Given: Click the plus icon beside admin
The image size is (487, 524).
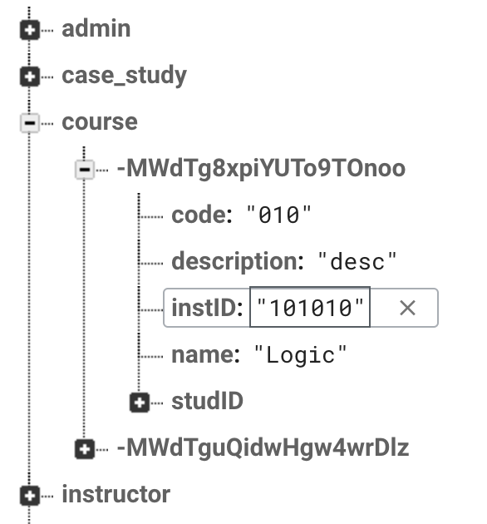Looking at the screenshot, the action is click(x=30, y=31).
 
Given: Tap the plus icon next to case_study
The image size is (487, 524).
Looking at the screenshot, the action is click(x=30, y=77).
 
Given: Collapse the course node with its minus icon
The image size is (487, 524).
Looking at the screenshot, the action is click(x=30, y=123).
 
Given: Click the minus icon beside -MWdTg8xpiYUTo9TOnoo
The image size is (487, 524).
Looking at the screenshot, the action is click(x=85, y=170).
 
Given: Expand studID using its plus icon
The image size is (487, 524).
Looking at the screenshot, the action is click(x=140, y=403).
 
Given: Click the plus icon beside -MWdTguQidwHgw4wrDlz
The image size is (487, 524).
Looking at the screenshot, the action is click(x=85, y=449).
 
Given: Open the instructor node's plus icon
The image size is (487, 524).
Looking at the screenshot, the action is click(x=30, y=496).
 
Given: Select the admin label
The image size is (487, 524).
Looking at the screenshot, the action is click(x=96, y=29).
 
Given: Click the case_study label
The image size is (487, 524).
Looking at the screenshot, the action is click(x=125, y=76).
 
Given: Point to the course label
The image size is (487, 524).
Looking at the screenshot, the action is click(x=100, y=122).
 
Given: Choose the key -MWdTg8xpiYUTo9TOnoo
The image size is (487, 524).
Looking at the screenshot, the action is click(x=261, y=168).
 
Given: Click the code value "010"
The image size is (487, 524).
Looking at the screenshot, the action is click(x=278, y=215).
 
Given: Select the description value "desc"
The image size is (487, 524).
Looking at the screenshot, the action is click(x=357, y=261).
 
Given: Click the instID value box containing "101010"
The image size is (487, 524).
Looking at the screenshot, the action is click(x=310, y=307).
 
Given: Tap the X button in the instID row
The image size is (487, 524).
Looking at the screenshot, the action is click(x=407, y=308).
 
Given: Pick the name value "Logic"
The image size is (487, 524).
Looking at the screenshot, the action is click(x=301, y=355).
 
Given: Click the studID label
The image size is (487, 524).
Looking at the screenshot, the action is click(x=208, y=401).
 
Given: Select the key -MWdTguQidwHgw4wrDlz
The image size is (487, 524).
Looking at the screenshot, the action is click(x=263, y=447).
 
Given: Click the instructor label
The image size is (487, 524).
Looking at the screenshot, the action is click(x=116, y=494).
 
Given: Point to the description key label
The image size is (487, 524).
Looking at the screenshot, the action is click(x=238, y=261).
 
